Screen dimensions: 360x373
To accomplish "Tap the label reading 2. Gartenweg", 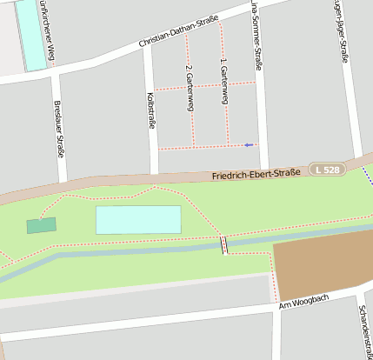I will [190, 88].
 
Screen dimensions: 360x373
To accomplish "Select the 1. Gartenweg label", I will [224, 82].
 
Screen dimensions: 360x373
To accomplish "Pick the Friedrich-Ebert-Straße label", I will [256, 174].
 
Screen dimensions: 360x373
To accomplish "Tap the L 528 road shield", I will [328, 170].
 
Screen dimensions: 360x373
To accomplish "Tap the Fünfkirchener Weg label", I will [50, 32].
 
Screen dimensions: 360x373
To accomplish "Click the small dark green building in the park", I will [41, 225].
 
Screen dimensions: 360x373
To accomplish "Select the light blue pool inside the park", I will [138, 220].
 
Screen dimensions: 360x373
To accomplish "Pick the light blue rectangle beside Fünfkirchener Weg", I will [32, 35].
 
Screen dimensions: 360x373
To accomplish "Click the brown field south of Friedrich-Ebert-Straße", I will [322, 268].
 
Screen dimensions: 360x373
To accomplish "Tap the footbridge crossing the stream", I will [224, 244].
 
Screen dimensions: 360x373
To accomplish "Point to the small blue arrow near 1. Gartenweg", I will [250, 144].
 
